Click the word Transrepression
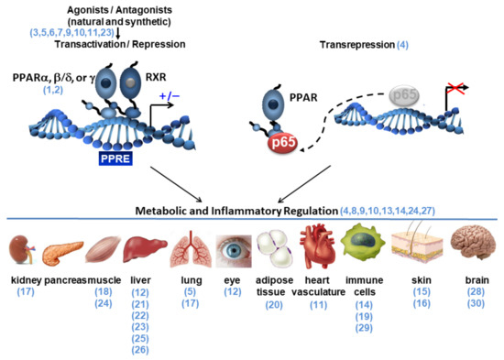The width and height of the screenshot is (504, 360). (x=352, y=44)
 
